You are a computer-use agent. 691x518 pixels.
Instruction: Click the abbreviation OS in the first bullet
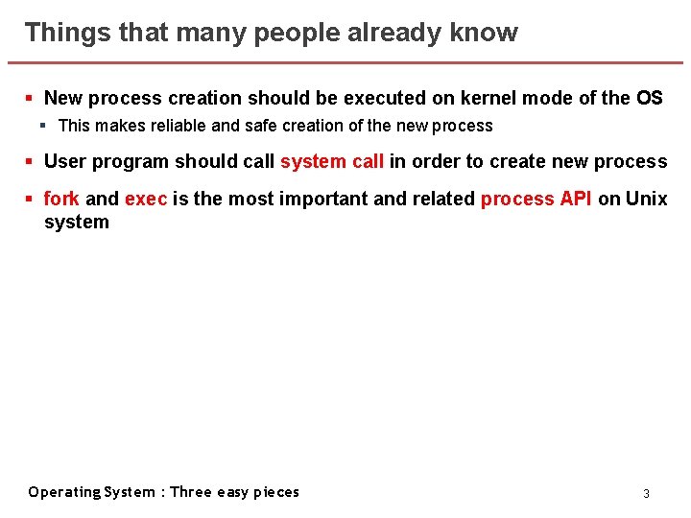649,98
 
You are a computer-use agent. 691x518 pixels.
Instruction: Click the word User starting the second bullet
63,161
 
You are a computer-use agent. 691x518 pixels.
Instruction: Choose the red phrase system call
332,161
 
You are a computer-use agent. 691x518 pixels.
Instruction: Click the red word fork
61,199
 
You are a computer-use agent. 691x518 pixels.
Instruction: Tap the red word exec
146,199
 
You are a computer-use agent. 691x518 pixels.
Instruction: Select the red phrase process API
536,199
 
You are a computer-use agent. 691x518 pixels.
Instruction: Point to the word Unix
646,199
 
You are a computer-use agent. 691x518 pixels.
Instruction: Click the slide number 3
646,493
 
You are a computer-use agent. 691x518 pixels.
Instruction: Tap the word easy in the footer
232,492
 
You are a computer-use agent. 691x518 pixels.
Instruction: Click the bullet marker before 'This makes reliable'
44,126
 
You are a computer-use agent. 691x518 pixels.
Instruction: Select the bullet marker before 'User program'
30,162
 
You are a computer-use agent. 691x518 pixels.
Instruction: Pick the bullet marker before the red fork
30,200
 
